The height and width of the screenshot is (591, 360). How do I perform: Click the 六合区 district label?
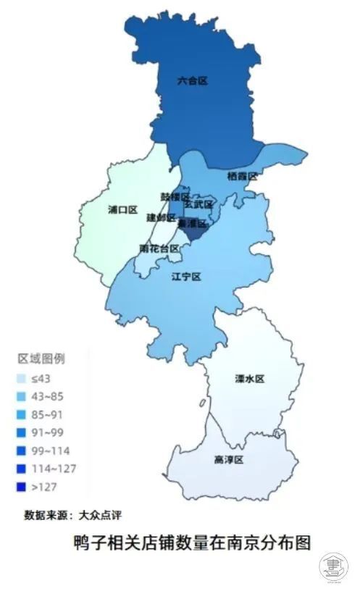(x=192, y=81)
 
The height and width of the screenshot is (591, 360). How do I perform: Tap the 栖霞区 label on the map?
(x=242, y=176)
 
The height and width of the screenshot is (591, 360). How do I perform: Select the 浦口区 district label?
(x=122, y=209)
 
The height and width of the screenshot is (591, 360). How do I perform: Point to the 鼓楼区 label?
(x=175, y=197)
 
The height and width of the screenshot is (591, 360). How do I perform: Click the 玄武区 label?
(x=198, y=205)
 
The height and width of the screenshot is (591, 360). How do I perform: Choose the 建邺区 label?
(x=161, y=217)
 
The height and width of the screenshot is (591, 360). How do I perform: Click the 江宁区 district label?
(x=185, y=277)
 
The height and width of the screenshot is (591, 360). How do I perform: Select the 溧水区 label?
(x=250, y=379)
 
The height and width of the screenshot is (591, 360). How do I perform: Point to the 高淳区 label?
(x=228, y=460)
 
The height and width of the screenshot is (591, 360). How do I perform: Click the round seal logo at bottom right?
(x=334, y=563)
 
